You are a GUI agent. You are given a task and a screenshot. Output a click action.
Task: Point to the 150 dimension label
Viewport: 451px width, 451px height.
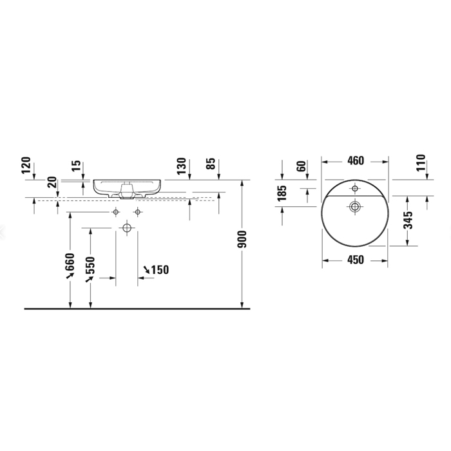159,270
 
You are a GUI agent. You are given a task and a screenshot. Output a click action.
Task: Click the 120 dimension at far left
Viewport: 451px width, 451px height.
26,167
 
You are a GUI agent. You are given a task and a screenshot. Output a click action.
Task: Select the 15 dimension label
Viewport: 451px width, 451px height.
77,167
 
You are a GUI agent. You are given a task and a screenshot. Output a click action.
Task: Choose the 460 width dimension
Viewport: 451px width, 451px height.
355,160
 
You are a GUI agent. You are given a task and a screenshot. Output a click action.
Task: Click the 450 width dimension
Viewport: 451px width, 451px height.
355,260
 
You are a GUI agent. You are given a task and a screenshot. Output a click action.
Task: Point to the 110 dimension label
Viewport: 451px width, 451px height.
421,164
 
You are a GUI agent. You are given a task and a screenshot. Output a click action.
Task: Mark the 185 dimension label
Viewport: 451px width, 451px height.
282,194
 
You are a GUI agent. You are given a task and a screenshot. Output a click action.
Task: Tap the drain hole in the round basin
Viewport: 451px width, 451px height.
354,206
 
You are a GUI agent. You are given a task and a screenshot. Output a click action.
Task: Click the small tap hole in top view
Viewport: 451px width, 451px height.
354,189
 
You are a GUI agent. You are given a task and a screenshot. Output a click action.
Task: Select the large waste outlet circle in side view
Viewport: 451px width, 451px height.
127,227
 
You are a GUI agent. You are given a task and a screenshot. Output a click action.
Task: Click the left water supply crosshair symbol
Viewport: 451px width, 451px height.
116,212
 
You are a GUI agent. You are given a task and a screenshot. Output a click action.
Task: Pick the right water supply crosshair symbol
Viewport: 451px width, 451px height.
138,212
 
